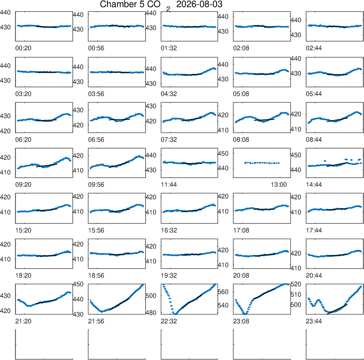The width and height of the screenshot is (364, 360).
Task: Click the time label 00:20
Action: [x=23, y=48]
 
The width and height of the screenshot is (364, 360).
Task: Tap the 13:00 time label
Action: [x=279, y=185]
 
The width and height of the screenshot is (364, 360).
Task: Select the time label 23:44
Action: [x=314, y=321]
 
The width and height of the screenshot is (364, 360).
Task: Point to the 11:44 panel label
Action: [x=169, y=185]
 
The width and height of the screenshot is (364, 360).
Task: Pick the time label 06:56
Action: [x=96, y=140]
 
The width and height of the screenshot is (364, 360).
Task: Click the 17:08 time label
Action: [x=241, y=230]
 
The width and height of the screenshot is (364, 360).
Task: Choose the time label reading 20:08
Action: [x=241, y=276]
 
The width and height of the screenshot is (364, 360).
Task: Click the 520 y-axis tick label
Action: [x=296, y=284]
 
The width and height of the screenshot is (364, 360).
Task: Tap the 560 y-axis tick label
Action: [x=223, y=292]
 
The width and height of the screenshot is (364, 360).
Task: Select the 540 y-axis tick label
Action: [x=223, y=305]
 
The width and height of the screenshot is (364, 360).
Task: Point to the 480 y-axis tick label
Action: [x=151, y=313]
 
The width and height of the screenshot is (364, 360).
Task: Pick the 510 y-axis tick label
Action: [x=296, y=294]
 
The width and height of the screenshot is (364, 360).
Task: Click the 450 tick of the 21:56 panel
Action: [x=78, y=284]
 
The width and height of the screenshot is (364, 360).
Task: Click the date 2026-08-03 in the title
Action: [x=199, y=4]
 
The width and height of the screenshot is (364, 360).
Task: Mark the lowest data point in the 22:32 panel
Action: [x=175, y=314]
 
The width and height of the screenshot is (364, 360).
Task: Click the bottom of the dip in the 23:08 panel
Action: [x=245, y=314]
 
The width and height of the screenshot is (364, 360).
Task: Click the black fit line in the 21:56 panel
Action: [x=119, y=304]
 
